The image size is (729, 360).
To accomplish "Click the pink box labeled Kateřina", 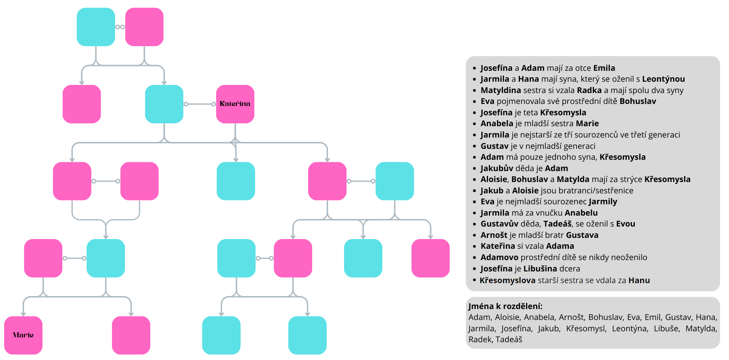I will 235,104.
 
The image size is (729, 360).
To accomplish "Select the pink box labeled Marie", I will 23,335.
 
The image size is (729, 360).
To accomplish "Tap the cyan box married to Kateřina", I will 164,104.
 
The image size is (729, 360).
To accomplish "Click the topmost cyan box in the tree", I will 96,27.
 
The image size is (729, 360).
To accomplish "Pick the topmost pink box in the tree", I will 144,27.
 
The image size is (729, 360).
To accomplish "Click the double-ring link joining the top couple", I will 120,27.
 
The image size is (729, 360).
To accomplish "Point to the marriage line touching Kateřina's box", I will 200,104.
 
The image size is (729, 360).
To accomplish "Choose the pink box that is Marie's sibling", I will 131,335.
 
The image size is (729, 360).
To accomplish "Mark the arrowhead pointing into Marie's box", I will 23,313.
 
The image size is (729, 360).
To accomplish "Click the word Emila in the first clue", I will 604,68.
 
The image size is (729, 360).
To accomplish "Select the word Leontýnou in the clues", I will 663,79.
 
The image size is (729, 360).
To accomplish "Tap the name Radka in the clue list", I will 589,90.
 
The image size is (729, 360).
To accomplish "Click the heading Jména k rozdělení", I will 505,306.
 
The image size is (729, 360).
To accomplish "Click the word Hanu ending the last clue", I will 639,280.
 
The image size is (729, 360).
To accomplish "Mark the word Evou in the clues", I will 625,224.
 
